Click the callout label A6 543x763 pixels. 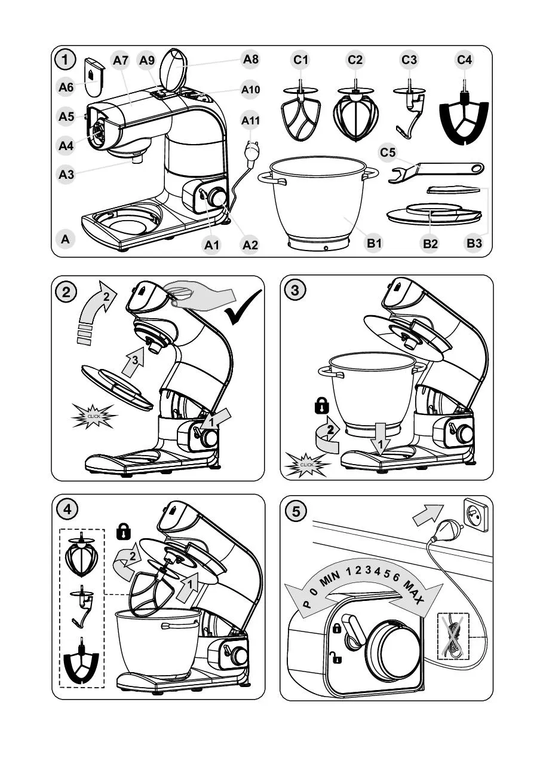coord(66,87)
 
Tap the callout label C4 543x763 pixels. coord(464,60)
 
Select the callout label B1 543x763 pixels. coord(374,243)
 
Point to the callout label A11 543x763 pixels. coord(251,120)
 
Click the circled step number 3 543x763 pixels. coord(294,291)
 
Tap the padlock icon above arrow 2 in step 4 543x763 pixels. coord(123,530)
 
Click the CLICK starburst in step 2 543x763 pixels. coord(94,415)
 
